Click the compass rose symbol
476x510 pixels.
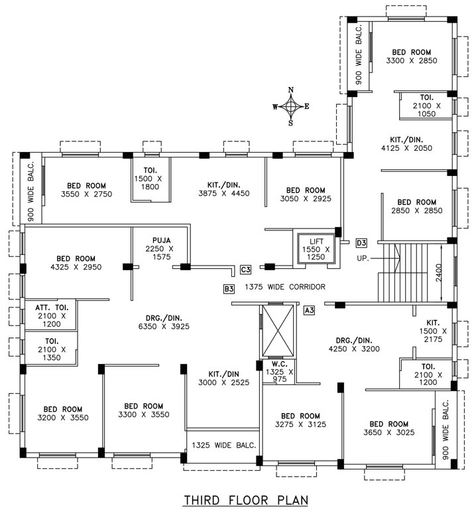[290, 106]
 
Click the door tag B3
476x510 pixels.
[229, 288]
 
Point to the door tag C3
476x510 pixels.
[245, 269]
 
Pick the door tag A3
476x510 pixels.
[309, 309]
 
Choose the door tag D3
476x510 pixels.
[361, 242]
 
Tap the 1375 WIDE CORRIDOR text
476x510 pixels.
[285, 287]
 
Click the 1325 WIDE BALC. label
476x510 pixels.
[223, 445]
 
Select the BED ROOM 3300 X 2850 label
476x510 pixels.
[411, 56]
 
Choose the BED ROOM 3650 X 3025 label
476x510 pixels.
[388, 428]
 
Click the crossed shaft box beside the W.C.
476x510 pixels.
[277, 331]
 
